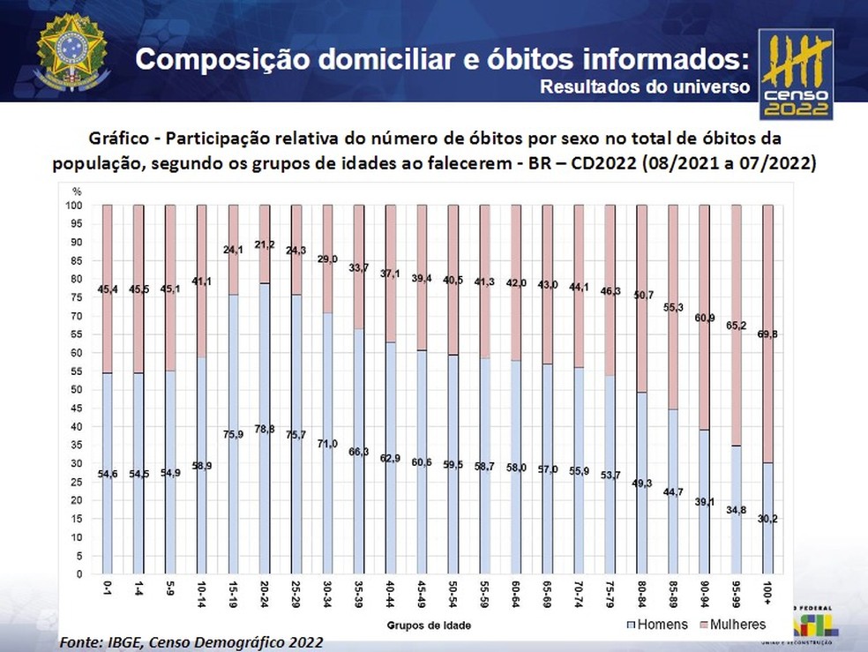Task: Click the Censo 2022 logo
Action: point(796,78)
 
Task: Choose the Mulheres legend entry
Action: point(733,625)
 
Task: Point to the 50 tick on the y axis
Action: point(77,390)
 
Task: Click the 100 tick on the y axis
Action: point(76,206)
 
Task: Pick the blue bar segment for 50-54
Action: point(453,464)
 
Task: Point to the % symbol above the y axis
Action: point(76,191)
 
